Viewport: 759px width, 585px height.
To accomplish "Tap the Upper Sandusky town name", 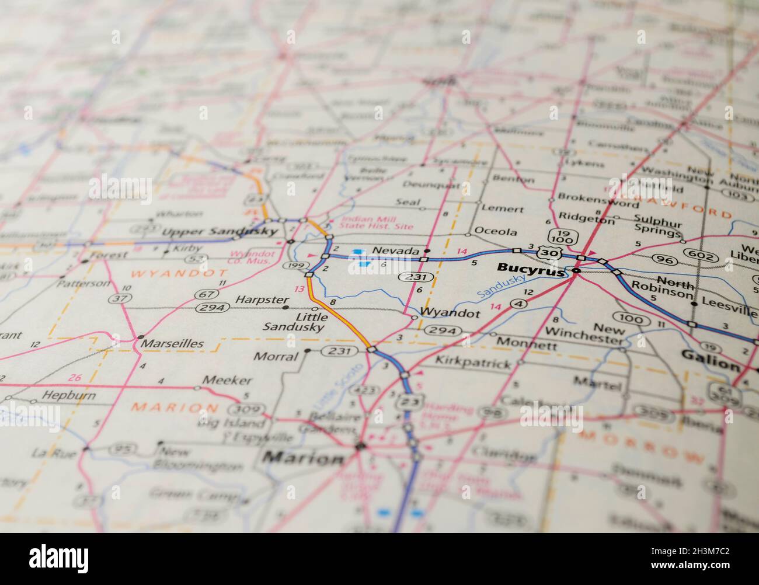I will coord(220,232).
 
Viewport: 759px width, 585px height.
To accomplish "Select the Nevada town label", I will coord(396,250).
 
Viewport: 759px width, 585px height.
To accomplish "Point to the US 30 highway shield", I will coord(547,253).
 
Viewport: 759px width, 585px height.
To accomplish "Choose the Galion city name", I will coord(710,365).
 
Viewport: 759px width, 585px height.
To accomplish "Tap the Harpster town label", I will coord(255,300).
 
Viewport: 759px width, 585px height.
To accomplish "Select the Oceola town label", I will coord(495,232).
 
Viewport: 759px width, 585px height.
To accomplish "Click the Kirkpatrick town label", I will coord(473,363).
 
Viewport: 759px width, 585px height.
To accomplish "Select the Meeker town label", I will coord(227,381).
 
